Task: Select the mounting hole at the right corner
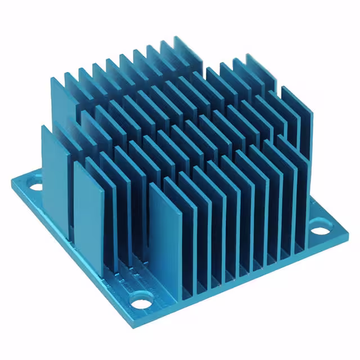(319, 231)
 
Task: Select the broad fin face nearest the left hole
(55, 169)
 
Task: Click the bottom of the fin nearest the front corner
(166, 287)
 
